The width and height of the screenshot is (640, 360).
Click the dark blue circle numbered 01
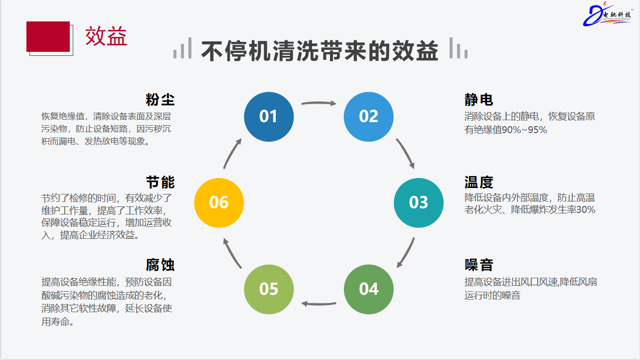point(269,116)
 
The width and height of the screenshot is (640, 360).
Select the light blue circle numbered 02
point(369,116)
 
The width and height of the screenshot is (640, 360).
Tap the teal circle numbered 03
point(419,202)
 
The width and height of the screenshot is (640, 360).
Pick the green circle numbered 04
point(369,289)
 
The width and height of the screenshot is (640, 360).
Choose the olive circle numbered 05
point(269,289)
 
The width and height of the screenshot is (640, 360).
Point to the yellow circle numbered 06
point(219,202)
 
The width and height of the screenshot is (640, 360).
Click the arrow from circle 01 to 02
point(319,103)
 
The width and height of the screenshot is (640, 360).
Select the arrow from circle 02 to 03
point(406,153)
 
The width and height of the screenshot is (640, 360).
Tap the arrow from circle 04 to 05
point(319,303)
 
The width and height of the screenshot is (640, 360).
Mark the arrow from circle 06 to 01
point(232,153)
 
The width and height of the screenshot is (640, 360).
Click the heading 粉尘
point(160,100)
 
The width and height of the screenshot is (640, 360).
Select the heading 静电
point(479,100)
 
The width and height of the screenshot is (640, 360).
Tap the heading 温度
point(479,182)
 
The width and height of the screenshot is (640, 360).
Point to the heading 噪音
point(479,265)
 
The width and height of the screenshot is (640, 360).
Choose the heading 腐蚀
point(160,265)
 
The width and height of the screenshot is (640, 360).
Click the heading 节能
point(160,182)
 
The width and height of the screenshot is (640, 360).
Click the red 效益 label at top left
point(106,36)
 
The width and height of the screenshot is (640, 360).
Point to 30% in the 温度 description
point(586,210)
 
